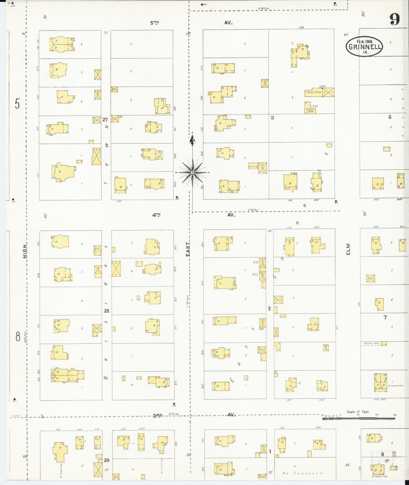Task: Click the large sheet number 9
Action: (395, 19)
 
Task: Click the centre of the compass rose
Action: (192, 172)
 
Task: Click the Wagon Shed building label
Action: (314, 92)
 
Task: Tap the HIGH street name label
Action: (25, 252)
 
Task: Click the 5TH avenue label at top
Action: (154, 23)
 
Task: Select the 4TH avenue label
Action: (156, 215)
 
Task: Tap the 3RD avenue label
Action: (157, 415)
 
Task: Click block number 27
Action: (105, 119)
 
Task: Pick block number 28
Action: (106, 311)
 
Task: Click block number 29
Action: (106, 460)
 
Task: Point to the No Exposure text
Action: (304, 473)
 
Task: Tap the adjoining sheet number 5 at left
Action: (17, 104)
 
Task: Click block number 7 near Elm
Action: (385, 317)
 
